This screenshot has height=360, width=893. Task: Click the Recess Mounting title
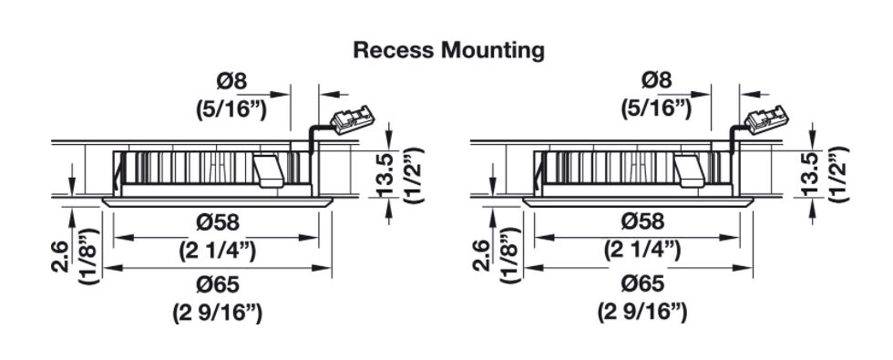point(448,50)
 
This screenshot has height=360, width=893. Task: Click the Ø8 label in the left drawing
point(231,81)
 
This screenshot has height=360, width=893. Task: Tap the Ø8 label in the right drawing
point(657,81)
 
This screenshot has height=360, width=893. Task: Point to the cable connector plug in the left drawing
point(354,120)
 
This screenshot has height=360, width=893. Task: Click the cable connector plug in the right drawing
point(767,120)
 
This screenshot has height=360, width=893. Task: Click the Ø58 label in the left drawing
point(218,222)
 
